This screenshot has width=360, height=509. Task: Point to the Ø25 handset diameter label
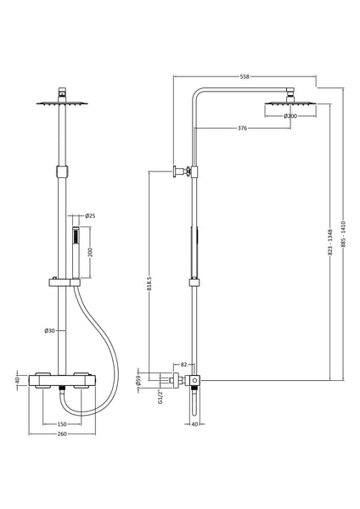tap(91, 216)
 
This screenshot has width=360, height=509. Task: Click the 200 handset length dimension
tap(90, 253)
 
